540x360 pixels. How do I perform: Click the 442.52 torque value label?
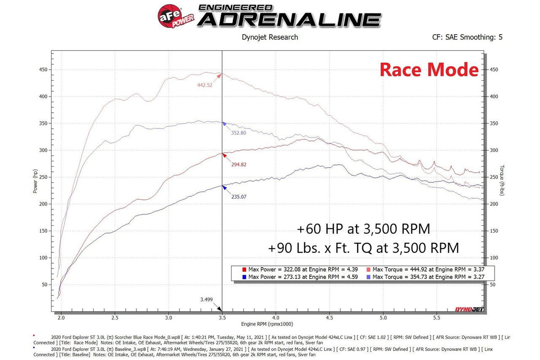coord(205,85)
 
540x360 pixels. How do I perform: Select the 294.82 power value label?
coord(239,165)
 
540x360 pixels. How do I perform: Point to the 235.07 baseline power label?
coord(239,196)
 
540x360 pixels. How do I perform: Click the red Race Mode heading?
coord(429,70)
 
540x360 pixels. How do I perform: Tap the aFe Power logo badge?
coord(175,16)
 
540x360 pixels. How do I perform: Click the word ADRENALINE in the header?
coord(289,19)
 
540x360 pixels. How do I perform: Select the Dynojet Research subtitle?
coord(270,37)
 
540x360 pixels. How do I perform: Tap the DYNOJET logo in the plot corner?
coord(468,309)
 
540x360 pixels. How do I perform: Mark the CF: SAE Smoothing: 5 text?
coord(467,37)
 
